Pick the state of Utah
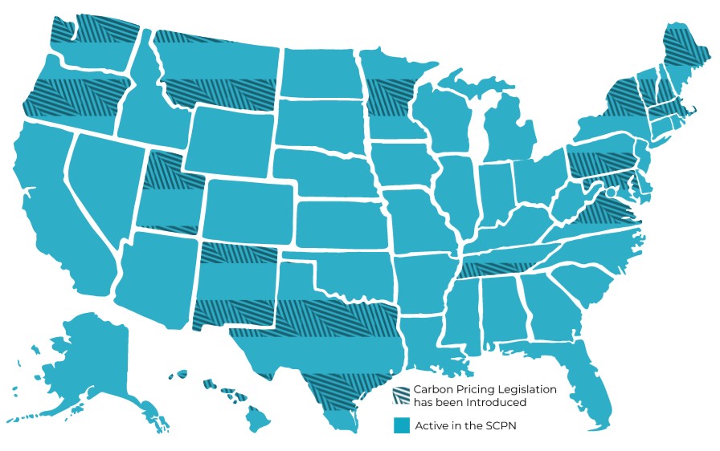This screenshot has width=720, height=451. pos(169,193)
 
